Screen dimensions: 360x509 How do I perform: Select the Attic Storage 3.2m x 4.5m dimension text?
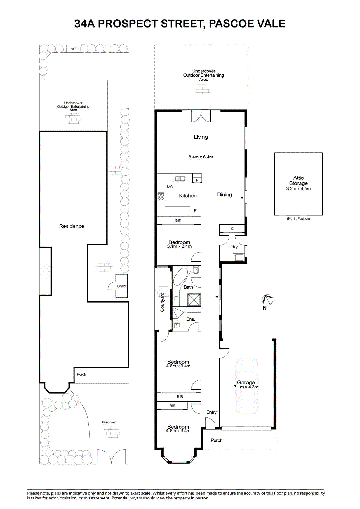(x=298, y=189)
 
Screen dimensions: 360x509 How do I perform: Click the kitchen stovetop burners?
(x=161, y=196)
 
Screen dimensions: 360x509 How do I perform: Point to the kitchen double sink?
(x=180, y=178)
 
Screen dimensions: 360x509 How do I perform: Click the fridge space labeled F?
(x=195, y=211)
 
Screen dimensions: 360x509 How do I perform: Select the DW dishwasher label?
(x=170, y=186)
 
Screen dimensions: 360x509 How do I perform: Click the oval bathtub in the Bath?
(x=180, y=276)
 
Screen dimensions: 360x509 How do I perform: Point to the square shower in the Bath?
(x=194, y=300)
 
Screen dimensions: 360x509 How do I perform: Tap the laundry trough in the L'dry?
(x=239, y=257)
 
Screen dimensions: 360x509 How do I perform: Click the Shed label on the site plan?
(x=122, y=286)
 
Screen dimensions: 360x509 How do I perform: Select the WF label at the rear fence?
(x=74, y=49)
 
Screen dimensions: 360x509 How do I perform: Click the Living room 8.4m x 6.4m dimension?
(x=201, y=157)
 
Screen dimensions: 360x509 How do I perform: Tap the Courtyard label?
(x=162, y=302)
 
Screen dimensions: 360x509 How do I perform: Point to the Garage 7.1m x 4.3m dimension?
(x=246, y=387)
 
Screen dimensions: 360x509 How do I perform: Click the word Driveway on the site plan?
(x=109, y=422)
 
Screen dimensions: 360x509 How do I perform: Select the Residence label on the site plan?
(x=72, y=226)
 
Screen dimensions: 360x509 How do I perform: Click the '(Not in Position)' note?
(x=298, y=219)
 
